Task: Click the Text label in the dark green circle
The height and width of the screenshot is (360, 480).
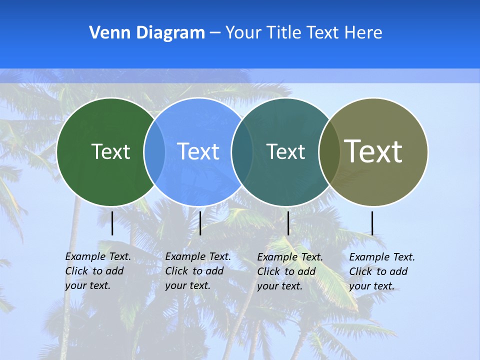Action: point(110,151)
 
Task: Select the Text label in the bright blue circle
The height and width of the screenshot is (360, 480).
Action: point(198,151)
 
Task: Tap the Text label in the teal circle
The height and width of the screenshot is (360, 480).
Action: point(286,151)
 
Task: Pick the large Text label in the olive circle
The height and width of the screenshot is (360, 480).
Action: point(373,151)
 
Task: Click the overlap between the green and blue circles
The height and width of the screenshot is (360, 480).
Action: point(154,152)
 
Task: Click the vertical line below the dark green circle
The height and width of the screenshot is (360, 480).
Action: point(112,223)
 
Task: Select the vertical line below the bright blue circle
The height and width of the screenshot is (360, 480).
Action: point(200,223)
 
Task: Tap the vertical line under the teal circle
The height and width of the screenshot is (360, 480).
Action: point(288,223)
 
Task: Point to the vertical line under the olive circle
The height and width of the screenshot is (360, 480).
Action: point(372,223)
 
